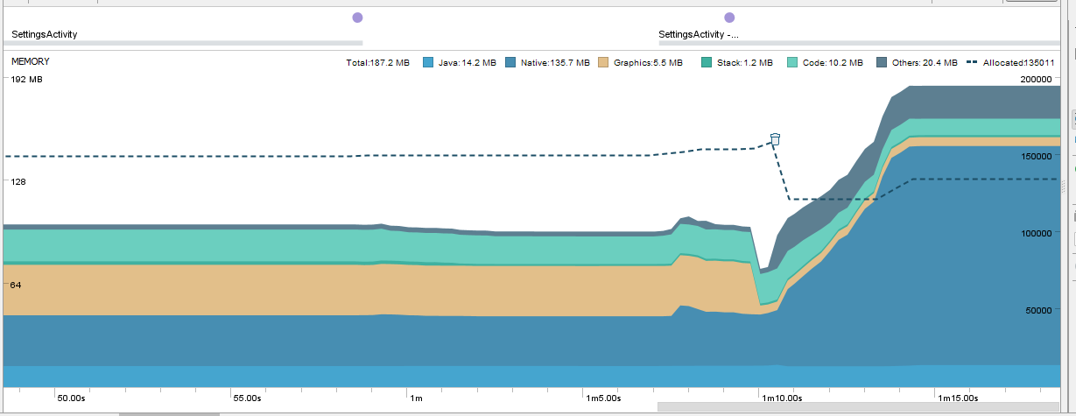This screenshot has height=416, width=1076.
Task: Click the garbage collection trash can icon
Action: click(775, 138)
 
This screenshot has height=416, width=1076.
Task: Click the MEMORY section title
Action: click(31, 62)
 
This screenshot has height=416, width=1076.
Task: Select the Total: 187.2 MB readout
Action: click(378, 63)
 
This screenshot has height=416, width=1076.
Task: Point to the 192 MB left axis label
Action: click(26, 80)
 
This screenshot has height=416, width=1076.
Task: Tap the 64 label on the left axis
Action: click(17, 286)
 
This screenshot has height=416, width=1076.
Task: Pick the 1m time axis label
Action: click(416, 398)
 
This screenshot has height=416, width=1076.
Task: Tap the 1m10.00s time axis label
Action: click(782, 398)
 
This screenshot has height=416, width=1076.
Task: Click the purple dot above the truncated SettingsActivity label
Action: click(729, 18)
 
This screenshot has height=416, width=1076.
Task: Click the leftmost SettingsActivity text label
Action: click(45, 35)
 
